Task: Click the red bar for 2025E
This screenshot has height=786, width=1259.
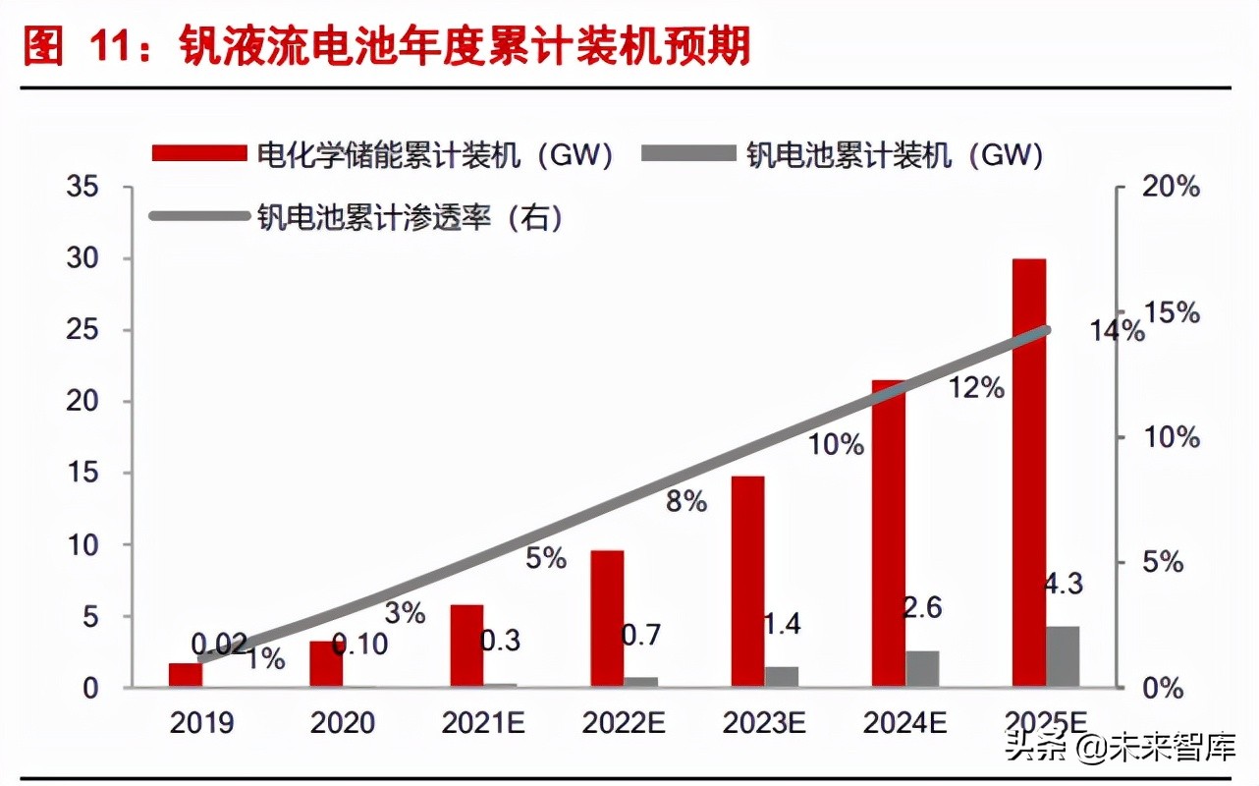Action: pos(1029,472)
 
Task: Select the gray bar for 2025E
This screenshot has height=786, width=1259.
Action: pos(1063,656)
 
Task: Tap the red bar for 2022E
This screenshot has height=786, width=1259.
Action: pos(607,618)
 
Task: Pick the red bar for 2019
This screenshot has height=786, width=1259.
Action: pos(185,675)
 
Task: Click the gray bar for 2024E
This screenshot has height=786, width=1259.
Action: pos(922,668)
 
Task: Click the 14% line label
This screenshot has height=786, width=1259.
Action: pos(1117,331)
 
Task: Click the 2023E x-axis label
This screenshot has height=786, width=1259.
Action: pos(764,724)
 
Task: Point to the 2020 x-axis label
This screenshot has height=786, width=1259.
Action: pos(343,724)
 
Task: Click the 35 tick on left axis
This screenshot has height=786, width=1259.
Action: pos(82,187)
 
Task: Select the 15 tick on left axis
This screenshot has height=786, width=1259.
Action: pos(82,474)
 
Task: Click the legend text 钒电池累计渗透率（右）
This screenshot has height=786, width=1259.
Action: pos(411,216)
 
